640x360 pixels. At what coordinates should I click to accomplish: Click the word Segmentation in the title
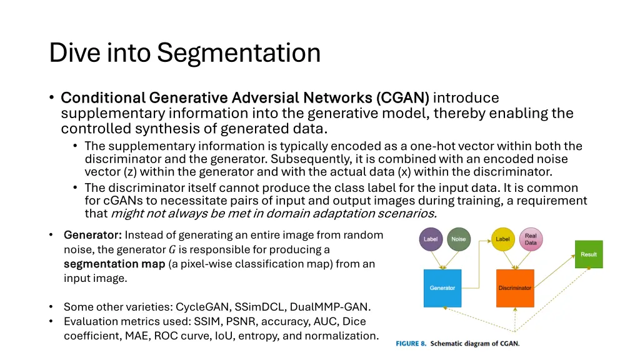coord(239,52)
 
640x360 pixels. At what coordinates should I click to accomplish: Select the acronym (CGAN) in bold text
coord(402,98)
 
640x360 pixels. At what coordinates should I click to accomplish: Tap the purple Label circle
coord(431,239)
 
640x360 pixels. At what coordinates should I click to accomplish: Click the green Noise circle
coord(459,239)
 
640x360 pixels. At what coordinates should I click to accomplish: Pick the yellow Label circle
coord(502,239)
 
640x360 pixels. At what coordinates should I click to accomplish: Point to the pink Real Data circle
coord(531,239)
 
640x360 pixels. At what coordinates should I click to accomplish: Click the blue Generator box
coord(442,288)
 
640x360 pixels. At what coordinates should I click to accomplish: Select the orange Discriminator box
coord(515,288)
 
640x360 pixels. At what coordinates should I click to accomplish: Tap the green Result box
coord(589,254)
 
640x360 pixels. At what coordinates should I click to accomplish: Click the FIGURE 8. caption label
coord(411,344)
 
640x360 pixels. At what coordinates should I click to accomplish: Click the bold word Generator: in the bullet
coord(92,235)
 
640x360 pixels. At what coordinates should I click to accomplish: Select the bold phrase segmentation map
coord(114,264)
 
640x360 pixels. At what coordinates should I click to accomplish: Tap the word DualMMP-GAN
coord(340,307)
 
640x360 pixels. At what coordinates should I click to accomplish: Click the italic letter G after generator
coord(172,250)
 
